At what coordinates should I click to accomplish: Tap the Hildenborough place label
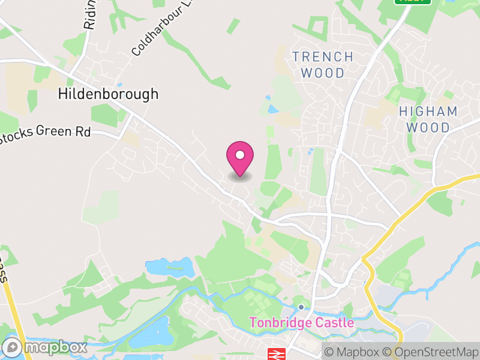point(109,94)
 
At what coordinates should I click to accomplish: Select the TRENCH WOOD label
point(323,65)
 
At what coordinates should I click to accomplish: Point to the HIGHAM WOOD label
point(428,119)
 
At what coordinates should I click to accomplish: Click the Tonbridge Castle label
point(301,323)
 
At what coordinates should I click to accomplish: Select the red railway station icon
point(275,354)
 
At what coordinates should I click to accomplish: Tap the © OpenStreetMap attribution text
point(431,352)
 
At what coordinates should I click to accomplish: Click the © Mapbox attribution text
point(353,352)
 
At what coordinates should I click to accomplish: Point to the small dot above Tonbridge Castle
point(301,307)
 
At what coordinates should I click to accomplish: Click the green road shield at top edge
point(413,2)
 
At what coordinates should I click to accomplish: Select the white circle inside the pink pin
point(240,155)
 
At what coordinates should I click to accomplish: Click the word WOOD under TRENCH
point(323,73)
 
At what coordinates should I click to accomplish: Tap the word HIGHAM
point(428,112)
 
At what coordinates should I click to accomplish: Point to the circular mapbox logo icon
point(13,347)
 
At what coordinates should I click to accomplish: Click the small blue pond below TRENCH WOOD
point(273,110)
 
